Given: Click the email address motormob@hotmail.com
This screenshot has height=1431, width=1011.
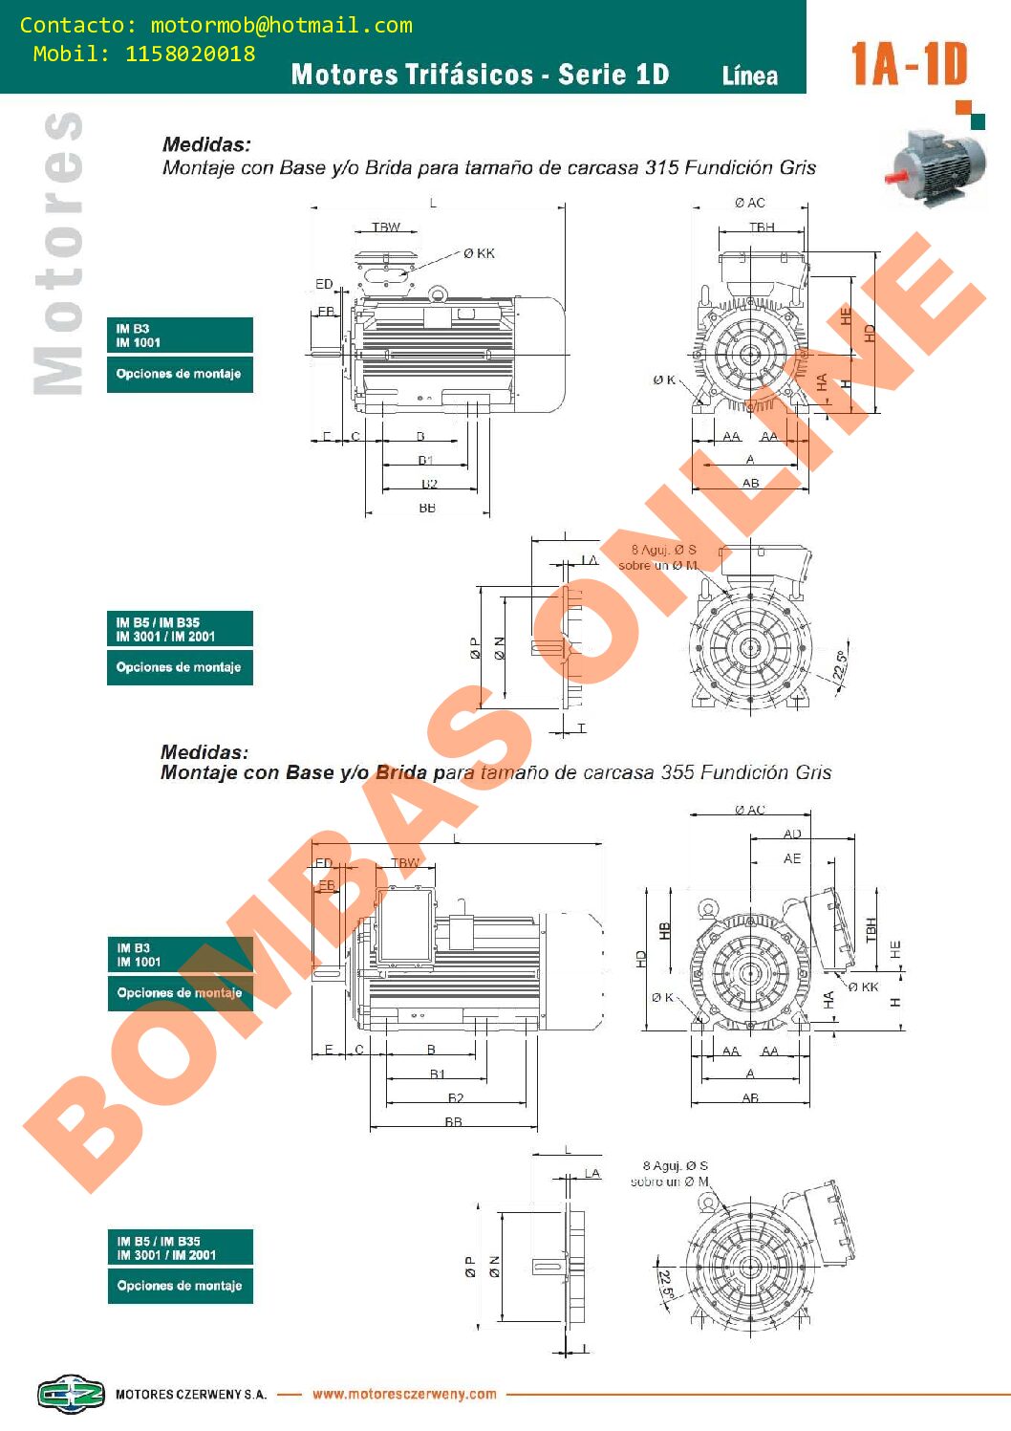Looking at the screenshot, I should tap(281, 26).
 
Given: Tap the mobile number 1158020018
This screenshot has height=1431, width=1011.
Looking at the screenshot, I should tap(190, 54).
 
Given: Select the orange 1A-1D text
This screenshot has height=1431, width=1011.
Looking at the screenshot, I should tap(909, 64).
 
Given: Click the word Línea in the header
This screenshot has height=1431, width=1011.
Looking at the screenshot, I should tap(750, 76).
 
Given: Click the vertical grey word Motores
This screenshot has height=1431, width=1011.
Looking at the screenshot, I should tap(57, 253).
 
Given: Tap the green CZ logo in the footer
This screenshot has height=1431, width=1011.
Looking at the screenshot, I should tap(71, 1394).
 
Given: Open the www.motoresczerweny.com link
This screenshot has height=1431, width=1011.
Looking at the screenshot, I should tap(404, 1394).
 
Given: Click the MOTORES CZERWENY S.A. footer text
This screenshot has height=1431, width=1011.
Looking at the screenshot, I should tap(190, 1395).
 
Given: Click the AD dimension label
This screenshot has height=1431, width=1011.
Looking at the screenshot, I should tap(792, 835).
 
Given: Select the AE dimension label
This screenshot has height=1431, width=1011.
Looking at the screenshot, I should tap(792, 858).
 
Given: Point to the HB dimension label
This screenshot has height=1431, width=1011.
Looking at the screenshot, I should tap(665, 930).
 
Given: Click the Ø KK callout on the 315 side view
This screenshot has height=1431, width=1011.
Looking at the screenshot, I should tap(480, 253).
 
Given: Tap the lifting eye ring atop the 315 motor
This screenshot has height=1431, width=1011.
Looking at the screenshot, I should tap(438, 294).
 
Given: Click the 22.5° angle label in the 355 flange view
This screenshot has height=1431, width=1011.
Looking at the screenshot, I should tap(666, 1284).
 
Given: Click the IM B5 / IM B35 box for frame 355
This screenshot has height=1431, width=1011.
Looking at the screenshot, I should tap(180, 1247).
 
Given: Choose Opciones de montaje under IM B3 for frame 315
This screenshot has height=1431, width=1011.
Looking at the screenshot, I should tap(180, 374).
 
